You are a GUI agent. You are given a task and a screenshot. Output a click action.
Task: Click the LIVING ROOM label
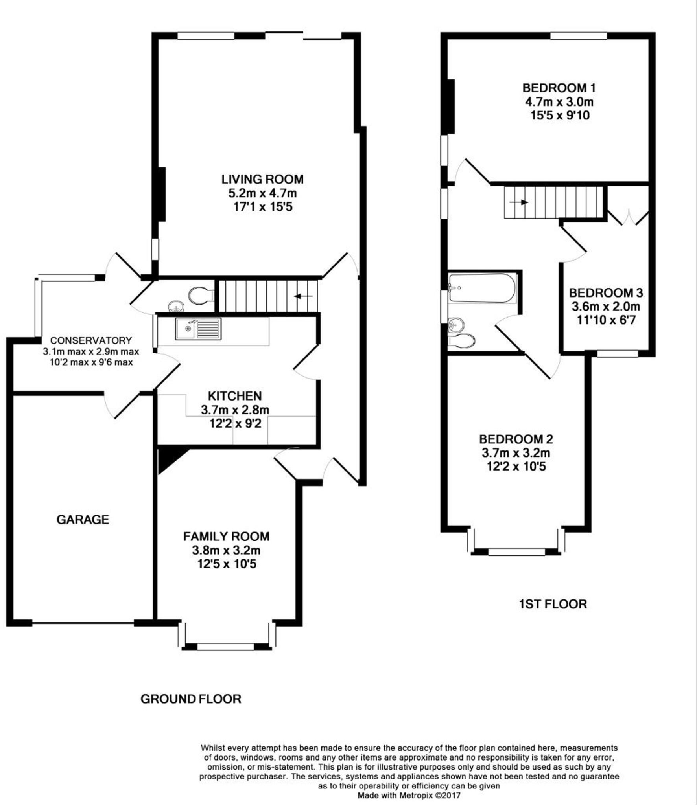(x=262, y=179)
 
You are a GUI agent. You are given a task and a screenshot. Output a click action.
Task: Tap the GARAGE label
(x=83, y=520)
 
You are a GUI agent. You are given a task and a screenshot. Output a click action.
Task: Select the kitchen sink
(x=198, y=329)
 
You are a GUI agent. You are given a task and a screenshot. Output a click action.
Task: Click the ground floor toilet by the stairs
(x=201, y=295)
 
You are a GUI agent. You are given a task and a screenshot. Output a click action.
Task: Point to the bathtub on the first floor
(x=481, y=289)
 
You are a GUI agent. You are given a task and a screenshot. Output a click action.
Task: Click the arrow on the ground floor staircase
(x=303, y=296)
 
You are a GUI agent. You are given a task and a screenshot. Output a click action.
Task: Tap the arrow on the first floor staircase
(x=519, y=202)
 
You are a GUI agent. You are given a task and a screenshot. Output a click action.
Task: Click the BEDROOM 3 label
(x=606, y=293)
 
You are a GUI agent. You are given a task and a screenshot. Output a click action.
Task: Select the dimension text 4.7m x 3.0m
(x=559, y=102)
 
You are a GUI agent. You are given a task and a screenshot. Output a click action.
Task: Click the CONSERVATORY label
(x=91, y=340)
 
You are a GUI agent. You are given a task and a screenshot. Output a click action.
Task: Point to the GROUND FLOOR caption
(x=191, y=699)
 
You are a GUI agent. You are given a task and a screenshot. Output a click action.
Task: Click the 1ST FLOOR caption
(x=553, y=604)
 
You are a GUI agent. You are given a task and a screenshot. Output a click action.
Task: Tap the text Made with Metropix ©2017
(x=408, y=796)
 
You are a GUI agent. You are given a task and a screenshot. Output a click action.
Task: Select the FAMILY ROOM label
(x=226, y=536)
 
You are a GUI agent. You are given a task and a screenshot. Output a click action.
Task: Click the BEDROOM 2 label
(x=516, y=439)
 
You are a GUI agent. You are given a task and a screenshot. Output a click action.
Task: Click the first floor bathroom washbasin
(x=456, y=326)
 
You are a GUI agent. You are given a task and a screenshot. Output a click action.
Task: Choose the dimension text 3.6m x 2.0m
(x=606, y=306)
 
